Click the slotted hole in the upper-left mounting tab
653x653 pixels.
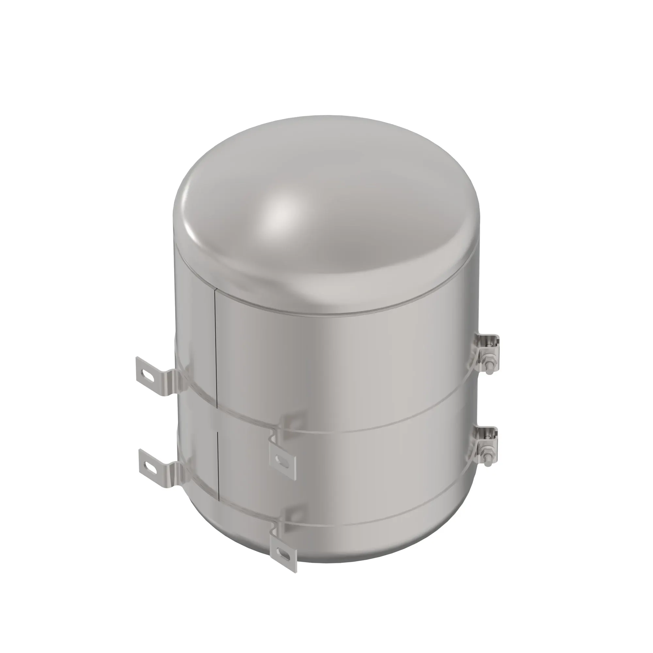148,374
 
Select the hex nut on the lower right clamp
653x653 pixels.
488,451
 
